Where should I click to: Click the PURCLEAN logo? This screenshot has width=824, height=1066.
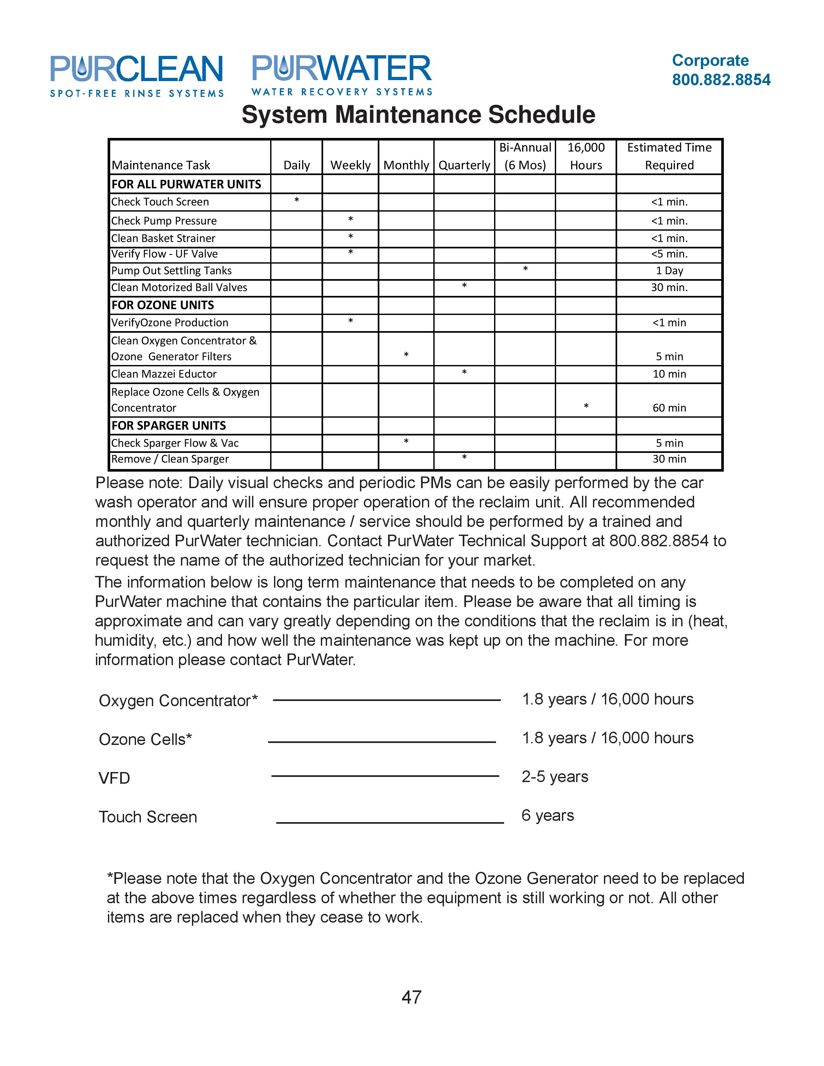[137, 76]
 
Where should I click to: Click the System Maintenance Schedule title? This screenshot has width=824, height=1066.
[418, 115]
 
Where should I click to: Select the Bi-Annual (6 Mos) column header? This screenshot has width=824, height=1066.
[525, 156]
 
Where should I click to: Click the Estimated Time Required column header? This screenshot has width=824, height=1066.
[669, 156]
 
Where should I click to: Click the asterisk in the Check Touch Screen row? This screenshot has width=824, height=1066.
[296, 201]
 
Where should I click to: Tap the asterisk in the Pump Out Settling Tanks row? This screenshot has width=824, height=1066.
[525, 269]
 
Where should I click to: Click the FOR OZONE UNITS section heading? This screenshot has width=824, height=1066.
[163, 305]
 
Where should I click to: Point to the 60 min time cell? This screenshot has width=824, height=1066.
[669, 408]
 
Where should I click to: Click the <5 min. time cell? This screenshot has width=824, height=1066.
[669, 254]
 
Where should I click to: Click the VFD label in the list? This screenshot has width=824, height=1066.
[114, 778]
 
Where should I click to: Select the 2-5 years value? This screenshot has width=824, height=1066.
[555, 777]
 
